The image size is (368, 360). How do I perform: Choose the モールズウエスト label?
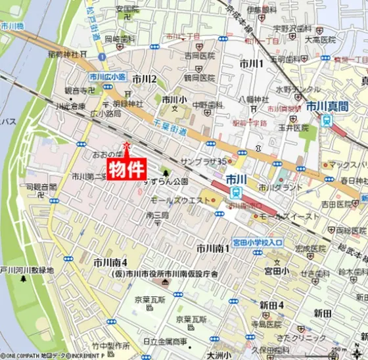[x=175, y=198]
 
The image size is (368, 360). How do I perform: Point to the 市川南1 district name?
[x=214, y=248]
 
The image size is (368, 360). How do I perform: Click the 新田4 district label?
[x=271, y=305]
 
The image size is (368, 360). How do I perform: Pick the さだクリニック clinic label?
[x=304, y=338]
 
